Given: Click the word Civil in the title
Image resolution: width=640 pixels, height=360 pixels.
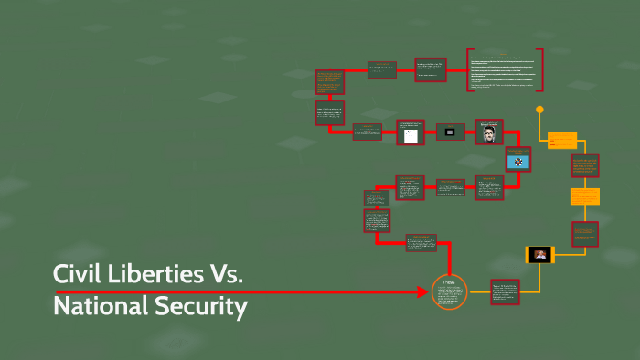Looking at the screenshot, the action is pyautogui.click(x=77, y=274).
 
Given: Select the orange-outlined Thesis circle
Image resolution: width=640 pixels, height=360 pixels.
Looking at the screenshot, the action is pyautogui.click(x=449, y=292).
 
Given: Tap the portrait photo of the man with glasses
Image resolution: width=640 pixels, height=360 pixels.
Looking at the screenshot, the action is pyautogui.click(x=489, y=132).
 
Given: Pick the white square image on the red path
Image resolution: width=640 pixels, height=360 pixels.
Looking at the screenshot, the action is pyautogui.click(x=411, y=133).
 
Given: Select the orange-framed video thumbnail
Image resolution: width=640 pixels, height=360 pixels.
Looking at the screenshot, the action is pyautogui.click(x=539, y=255).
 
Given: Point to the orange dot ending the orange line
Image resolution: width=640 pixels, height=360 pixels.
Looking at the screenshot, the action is pyautogui.click(x=539, y=110).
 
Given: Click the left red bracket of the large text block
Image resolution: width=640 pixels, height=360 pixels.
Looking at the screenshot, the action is pyautogui.click(x=469, y=69).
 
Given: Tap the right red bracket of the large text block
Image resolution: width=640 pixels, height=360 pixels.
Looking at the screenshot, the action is pyautogui.click(x=541, y=69).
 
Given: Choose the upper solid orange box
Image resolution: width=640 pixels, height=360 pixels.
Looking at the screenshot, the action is pyautogui.click(x=562, y=141).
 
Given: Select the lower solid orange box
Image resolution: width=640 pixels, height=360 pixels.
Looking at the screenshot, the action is pyautogui.click(x=585, y=196).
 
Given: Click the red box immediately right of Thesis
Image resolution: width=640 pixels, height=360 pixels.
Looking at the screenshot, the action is pyautogui.click(x=505, y=292).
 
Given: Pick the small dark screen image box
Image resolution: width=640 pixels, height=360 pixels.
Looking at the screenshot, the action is pyautogui.click(x=450, y=132).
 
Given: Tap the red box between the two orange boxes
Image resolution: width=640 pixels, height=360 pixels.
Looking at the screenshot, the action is pyautogui.click(x=585, y=165).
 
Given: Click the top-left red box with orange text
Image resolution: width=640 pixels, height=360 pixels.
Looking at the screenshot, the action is pyautogui.click(x=329, y=81).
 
